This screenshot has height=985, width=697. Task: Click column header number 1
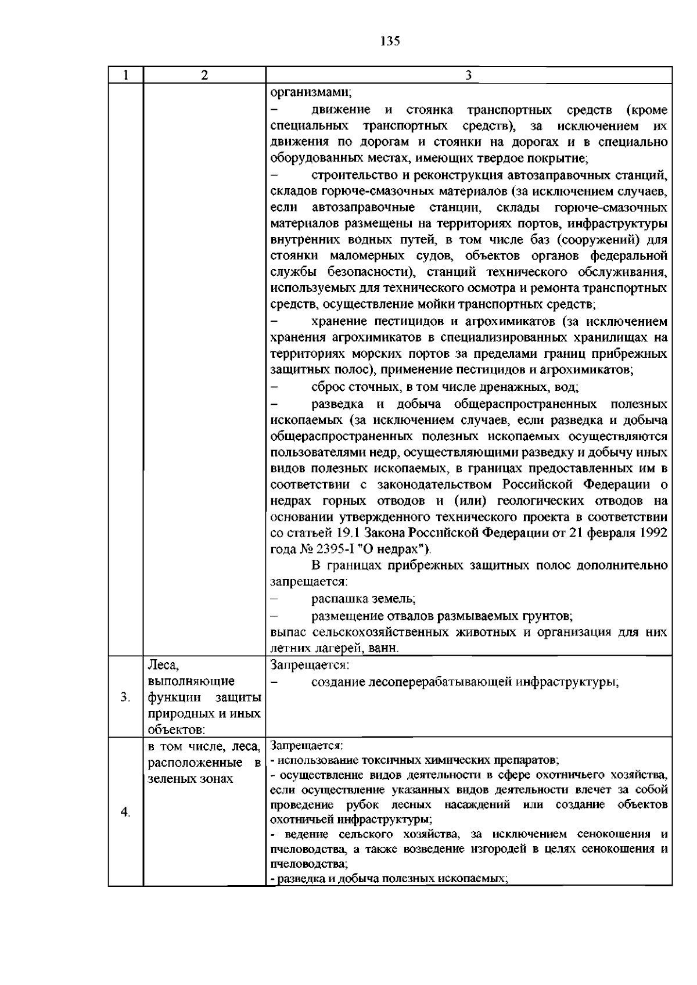pyautogui.click(x=125, y=75)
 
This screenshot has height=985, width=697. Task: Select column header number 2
pyautogui.click(x=204, y=75)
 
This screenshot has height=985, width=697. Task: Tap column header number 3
pyautogui.click(x=468, y=75)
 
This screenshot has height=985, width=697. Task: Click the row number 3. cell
pyautogui.click(x=125, y=698)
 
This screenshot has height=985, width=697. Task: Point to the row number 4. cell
pyautogui.click(x=125, y=812)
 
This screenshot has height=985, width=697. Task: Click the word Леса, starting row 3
pyautogui.click(x=163, y=664)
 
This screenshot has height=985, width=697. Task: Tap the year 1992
pyautogui.click(x=652, y=533)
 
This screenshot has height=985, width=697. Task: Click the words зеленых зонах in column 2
pyautogui.click(x=190, y=779)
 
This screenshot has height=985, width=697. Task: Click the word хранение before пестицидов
pyautogui.click(x=339, y=322)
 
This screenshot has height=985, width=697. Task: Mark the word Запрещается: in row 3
pyautogui.click(x=309, y=664)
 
